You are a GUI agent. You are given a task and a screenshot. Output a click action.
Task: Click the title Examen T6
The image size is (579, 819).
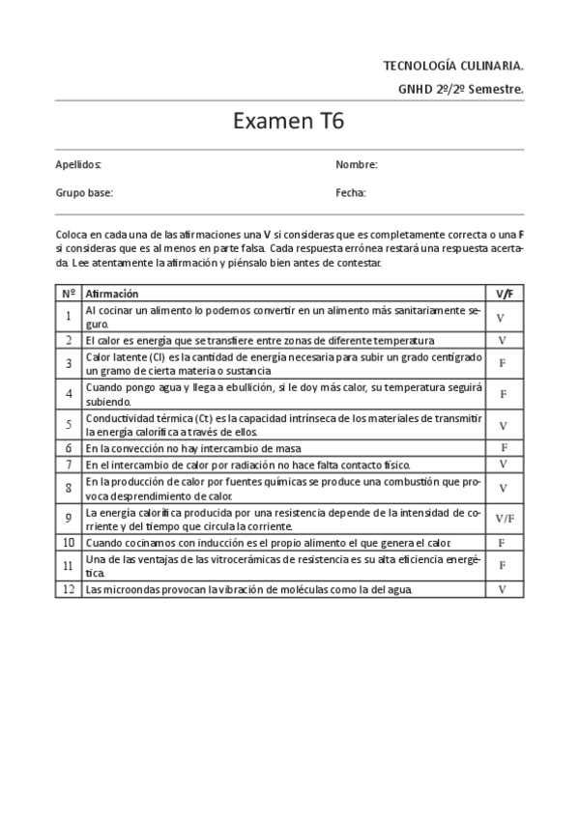click(289, 123)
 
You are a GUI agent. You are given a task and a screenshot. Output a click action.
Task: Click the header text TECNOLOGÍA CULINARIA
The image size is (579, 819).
click(453, 66)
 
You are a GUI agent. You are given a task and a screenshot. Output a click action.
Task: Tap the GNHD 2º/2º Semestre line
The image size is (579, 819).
click(460, 89)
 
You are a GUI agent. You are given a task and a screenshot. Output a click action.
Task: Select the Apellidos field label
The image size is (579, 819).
click(78, 165)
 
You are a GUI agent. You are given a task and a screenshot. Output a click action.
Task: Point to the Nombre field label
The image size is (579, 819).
click(356, 165)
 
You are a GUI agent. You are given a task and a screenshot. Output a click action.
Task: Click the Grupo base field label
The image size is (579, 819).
click(84, 192)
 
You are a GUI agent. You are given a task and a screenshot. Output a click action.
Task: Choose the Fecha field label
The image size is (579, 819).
click(350, 192)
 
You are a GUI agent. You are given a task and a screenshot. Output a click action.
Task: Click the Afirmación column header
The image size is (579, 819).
click(112, 294)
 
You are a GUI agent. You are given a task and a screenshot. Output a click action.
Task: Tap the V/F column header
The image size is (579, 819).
click(504, 294)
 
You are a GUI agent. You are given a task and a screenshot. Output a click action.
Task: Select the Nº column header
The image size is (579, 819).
click(69, 294)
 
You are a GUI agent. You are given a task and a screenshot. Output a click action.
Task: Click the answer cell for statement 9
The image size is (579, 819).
click(504, 519)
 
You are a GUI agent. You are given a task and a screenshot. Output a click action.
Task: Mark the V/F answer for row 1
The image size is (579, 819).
click(502, 317)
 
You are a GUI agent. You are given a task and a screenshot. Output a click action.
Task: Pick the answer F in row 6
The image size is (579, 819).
click(504, 448)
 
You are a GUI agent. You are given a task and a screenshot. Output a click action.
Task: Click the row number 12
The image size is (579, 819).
click(69, 588)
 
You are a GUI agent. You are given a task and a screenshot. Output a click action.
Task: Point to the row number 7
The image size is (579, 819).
click(69, 465)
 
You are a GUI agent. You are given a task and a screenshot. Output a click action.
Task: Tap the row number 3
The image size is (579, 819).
click(69, 363)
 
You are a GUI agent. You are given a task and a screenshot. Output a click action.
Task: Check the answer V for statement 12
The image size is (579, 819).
click(503, 588)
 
